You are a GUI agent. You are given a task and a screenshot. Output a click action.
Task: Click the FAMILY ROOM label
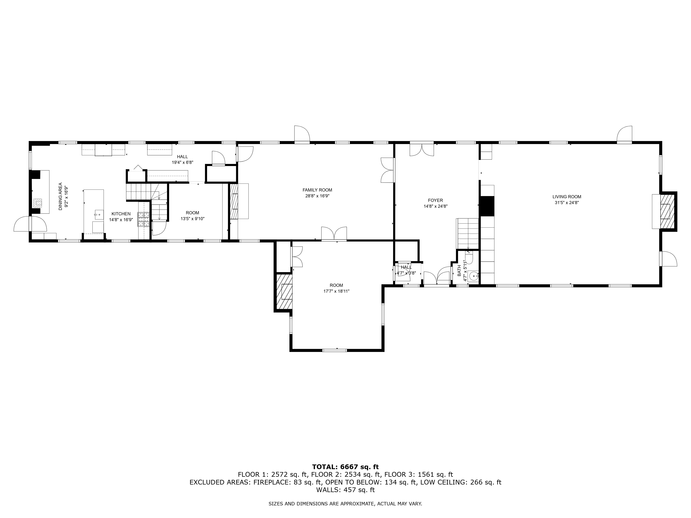317,190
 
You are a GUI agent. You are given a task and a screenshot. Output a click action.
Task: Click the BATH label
459,270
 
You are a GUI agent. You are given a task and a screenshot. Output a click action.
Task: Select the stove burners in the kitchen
143,219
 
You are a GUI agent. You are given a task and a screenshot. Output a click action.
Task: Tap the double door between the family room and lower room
334,234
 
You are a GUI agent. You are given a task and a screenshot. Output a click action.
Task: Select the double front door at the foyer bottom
436,278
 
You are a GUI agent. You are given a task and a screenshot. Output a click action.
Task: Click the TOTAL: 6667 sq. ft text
345,467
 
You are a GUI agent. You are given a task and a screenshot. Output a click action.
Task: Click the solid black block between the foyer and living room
487,206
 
